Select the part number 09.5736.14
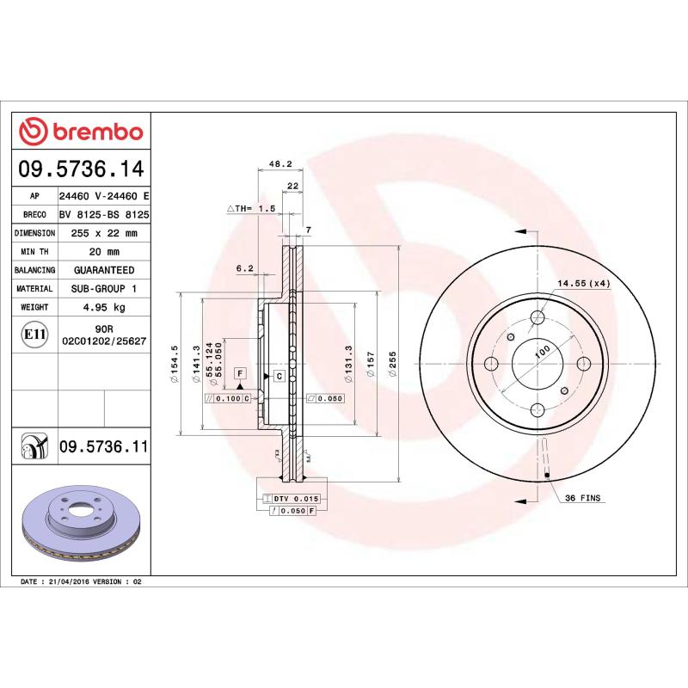(x=83, y=169)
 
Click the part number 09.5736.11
(x=103, y=445)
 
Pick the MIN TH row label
(x=34, y=251)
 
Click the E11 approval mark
(x=34, y=334)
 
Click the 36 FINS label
(x=582, y=498)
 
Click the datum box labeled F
(x=240, y=372)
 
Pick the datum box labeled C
(x=279, y=377)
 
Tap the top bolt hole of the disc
(x=537, y=317)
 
